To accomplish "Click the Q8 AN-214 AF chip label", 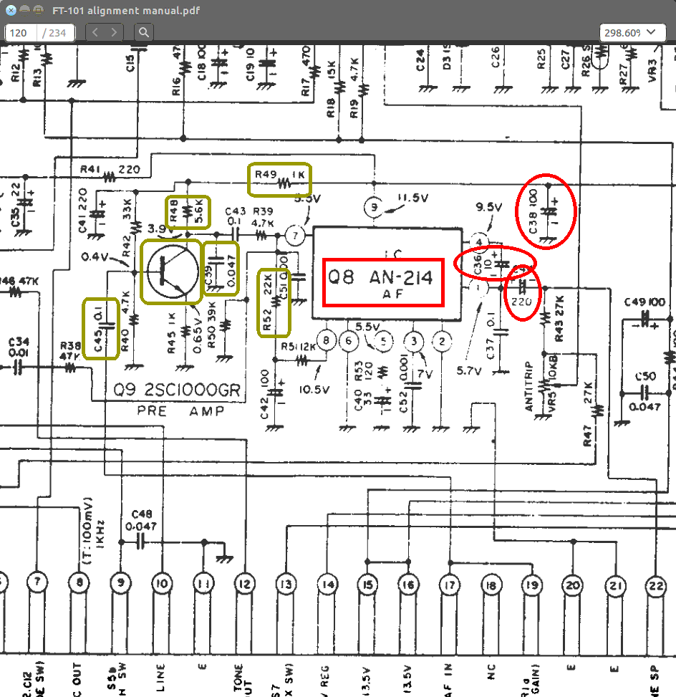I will pos(384,280).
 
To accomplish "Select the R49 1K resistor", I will pos(279,180).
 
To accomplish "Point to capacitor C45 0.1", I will pos(101,327).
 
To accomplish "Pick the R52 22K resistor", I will pos(274,302).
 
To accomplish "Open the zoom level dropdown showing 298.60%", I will pos(631,32).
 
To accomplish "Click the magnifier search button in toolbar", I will pos(144,32).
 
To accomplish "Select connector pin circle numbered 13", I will pos(286,584).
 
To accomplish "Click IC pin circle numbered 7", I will pos(294,234).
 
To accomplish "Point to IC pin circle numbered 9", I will pos(373,207).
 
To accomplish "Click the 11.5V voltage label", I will pos(413,197).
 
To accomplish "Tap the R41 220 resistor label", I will pos(110,170).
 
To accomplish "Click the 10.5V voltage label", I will pos(315,390).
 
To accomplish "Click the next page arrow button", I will pos(113,32).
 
